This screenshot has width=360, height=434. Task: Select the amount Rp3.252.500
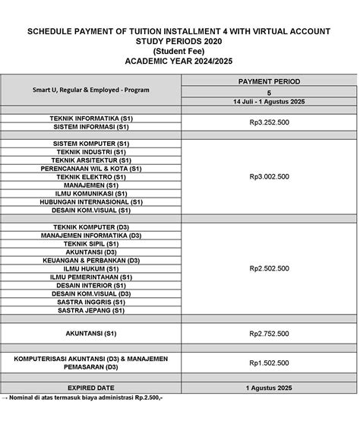tap(268, 123)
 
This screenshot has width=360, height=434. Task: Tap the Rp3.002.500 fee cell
tap(268, 176)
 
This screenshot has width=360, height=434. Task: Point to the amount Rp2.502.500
tap(268, 268)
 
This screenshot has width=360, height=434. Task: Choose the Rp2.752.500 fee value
tap(268, 334)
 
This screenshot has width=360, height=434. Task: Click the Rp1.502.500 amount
tap(268, 363)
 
